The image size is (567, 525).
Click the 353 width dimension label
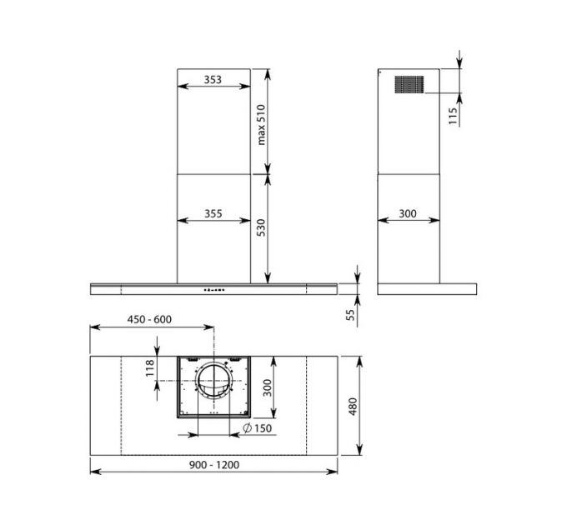(x=213, y=80)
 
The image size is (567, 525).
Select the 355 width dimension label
(x=213, y=214)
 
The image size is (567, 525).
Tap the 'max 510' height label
(x=262, y=123)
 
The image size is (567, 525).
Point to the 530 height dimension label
(x=262, y=227)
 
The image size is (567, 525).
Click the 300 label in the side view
(x=408, y=214)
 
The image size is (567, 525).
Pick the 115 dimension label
(x=453, y=115)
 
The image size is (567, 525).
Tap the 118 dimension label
(x=151, y=367)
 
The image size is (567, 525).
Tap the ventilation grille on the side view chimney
(x=408, y=84)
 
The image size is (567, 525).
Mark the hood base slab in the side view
(x=426, y=289)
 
